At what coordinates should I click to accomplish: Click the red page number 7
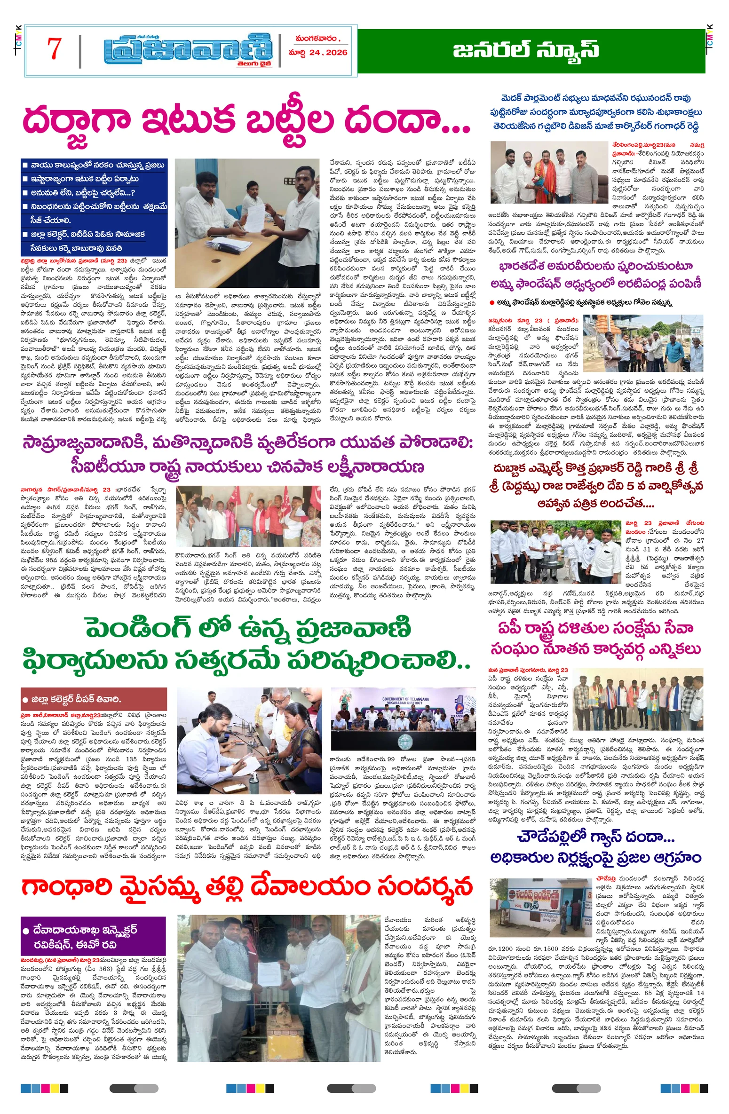click(55, 48)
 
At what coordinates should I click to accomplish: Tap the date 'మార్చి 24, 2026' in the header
click(318, 52)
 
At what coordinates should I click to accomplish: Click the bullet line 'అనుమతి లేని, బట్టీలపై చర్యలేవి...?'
click(83, 193)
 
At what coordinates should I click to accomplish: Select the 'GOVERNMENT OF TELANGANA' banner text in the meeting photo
click(406, 699)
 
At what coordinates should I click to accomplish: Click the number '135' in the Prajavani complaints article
click(131, 759)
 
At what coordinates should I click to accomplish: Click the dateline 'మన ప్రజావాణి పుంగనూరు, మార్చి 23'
click(528, 670)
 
